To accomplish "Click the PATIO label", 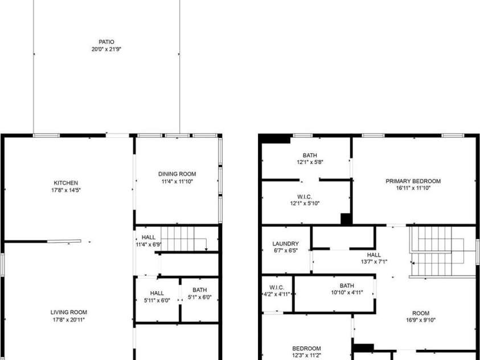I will (x=106, y=42).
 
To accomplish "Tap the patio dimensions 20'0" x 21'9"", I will (x=106, y=49).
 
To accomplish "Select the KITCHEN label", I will (x=66, y=183).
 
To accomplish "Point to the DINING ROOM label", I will (x=177, y=174).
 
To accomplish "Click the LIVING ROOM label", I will (x=68, y=312).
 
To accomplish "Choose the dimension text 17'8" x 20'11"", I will (x=68, y=320).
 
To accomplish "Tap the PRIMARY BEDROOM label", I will (x=413, y=181).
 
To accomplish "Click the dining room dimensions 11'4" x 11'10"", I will (x=177, y=182).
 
